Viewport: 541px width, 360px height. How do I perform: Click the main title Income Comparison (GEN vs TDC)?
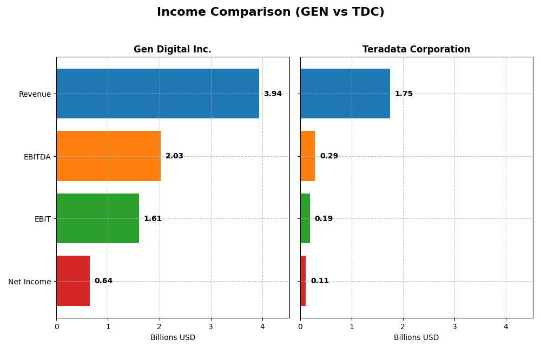(x=270, y=12)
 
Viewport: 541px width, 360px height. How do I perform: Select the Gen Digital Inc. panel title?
(x=173, y=50)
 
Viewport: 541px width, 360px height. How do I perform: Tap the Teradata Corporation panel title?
(x=416, y=50)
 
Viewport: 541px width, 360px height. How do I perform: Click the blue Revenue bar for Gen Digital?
(x=157, y=94)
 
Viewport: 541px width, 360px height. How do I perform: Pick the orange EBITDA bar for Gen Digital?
(x=108, y=156)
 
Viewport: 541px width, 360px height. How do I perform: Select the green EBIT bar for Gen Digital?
(x=97, y=218)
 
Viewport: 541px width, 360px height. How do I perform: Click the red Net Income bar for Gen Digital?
(x=73, y=281)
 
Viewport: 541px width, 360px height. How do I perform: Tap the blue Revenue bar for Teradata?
(x=345, y=94)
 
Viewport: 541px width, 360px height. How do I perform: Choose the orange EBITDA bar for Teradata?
(x=307, y=156)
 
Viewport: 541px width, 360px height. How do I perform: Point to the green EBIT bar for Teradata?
(x=305, y=218)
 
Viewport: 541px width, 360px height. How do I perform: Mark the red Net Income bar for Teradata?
(x=303, y=281)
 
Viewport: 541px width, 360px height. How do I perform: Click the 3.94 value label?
(x=273, y=94)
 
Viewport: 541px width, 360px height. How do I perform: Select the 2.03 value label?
(x=174, y=156)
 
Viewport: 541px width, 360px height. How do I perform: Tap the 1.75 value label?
(x=404, y=94)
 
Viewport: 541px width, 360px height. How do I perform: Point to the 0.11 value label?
(x=320, y=281)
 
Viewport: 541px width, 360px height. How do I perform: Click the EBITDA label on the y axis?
(x=37, y=157)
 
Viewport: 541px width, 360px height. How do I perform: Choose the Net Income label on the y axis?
(x=30, y=282)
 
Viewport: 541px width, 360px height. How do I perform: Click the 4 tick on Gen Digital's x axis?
(x=262, y=326)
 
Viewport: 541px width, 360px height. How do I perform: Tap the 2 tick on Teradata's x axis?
(x=403, y=326)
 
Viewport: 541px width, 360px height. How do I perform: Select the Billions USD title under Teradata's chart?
(x=416, y=338)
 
